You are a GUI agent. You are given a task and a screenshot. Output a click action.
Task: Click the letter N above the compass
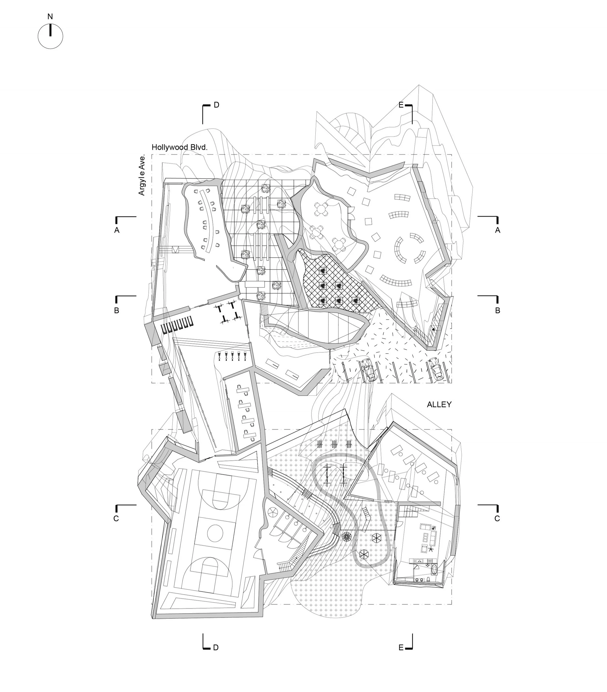[50, 17]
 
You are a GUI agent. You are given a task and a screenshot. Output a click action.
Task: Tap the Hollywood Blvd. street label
[179, 147]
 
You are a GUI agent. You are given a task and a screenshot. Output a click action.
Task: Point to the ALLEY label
[439, 405]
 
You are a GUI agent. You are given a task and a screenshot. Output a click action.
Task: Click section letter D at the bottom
[216, 648]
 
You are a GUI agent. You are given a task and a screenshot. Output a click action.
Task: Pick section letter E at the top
[401, 105]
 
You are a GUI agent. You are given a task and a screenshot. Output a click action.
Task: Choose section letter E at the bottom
[401, 648]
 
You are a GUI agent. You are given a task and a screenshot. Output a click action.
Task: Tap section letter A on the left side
[117, 230]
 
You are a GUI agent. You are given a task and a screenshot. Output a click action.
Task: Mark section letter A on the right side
[497, 230]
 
